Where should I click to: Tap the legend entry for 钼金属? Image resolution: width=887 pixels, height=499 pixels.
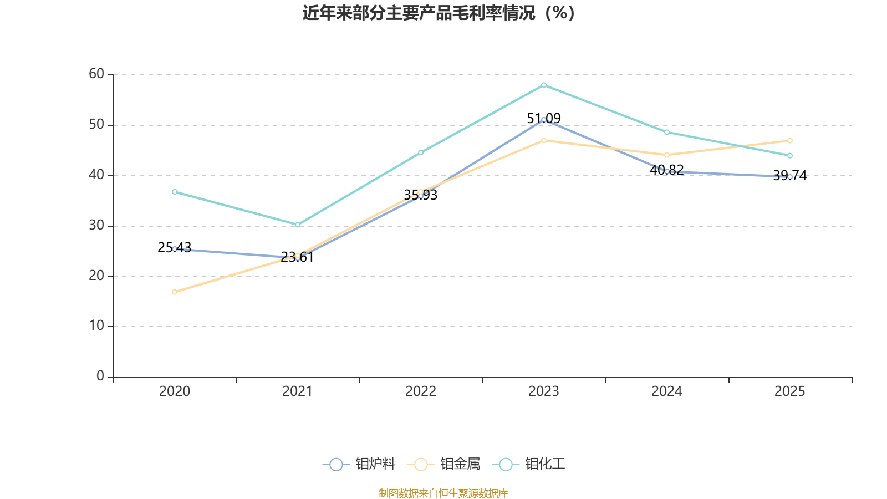444,464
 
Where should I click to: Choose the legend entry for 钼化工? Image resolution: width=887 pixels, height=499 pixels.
529,464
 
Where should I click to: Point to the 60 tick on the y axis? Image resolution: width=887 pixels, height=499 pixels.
96,74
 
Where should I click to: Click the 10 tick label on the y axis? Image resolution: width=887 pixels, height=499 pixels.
96,326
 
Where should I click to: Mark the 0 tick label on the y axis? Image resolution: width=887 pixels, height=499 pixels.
100,376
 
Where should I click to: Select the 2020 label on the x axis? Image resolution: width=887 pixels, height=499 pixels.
175,391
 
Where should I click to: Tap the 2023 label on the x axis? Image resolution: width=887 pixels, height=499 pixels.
544,391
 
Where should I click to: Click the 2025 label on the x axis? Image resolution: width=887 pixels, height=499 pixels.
789,391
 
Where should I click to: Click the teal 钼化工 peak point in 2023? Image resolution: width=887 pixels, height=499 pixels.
544,85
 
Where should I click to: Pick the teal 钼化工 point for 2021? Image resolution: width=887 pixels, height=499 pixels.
298,225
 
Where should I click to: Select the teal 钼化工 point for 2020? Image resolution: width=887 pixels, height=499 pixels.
175,192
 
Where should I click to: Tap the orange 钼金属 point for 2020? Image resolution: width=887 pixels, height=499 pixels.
175,292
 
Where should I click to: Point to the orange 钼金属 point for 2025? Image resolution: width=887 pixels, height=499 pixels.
790,141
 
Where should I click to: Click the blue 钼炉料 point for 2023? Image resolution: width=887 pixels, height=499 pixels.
544,119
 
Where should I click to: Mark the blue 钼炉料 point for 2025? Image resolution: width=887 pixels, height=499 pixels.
790,177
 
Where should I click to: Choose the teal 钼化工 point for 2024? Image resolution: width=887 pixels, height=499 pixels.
667,132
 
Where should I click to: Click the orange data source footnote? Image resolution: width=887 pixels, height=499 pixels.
443,493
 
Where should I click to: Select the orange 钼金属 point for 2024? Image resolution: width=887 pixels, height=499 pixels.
667,155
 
